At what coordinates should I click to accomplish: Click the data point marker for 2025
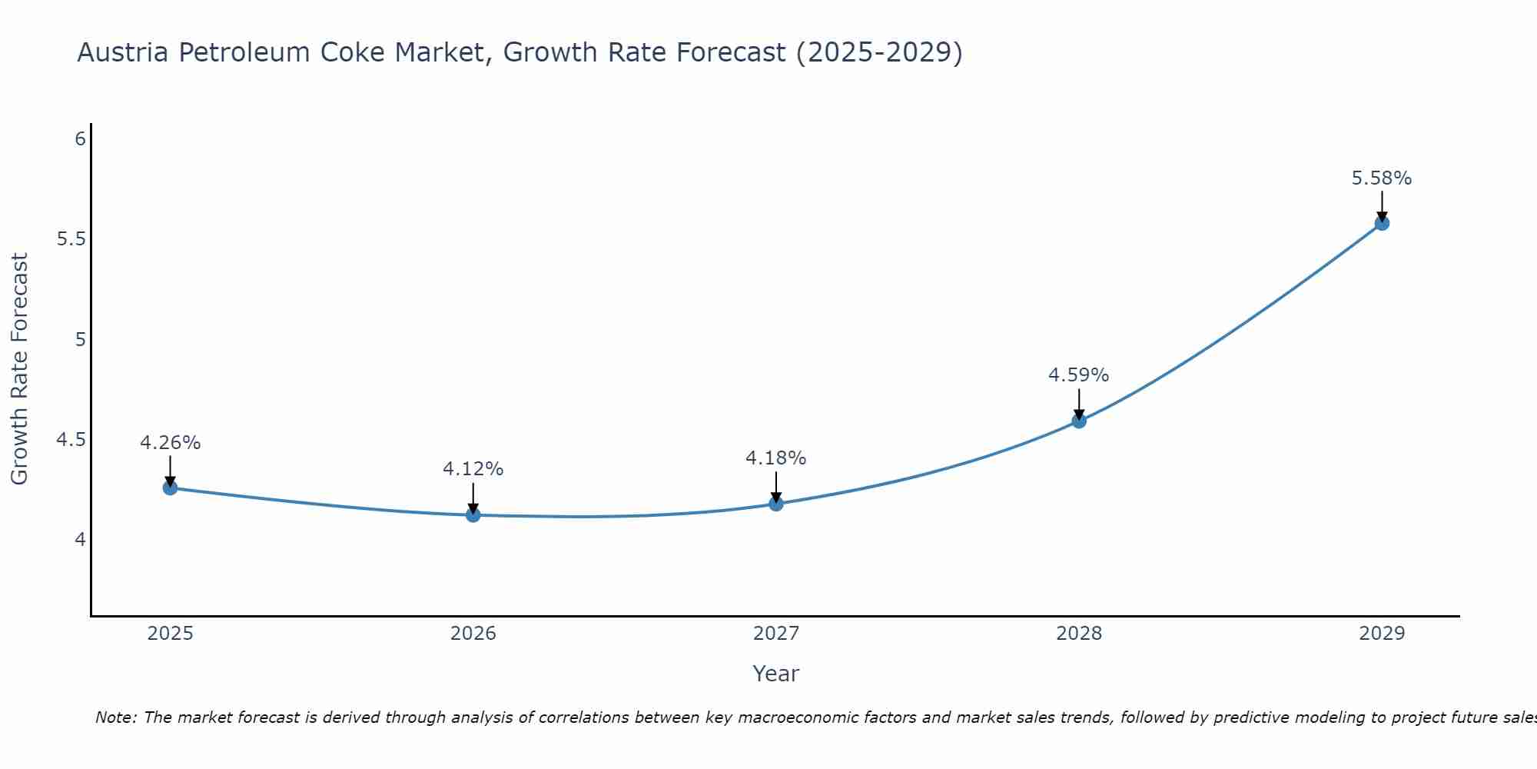click(171, 488)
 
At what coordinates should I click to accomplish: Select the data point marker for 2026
click(473, 514)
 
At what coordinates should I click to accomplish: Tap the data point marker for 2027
click(776, 504)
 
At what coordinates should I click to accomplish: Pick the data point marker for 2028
click(1079, 421)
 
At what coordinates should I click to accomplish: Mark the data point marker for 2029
click(1382, 223)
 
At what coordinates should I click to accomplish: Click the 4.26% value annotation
click(171, 443)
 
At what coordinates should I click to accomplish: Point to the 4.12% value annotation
click(473, 469)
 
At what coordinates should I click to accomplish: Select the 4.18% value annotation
click(776, 458)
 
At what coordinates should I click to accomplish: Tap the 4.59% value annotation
click(1079, 375)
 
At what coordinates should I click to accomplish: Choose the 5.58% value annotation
click(1382, 178)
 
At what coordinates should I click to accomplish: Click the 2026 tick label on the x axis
click(473, 634)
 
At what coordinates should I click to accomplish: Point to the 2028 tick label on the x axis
click(1079, 634)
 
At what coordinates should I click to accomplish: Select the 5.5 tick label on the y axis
click(71, 239)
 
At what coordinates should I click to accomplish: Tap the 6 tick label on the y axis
click(80, 139)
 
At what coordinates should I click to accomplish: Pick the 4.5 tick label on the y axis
click(71, 440)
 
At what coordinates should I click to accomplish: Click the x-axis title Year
click(776, 674)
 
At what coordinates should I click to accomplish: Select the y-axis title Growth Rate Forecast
click(19, 369)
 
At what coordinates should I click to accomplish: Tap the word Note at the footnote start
click(115, 717)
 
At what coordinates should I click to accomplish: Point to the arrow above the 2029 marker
click(1382, 205)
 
